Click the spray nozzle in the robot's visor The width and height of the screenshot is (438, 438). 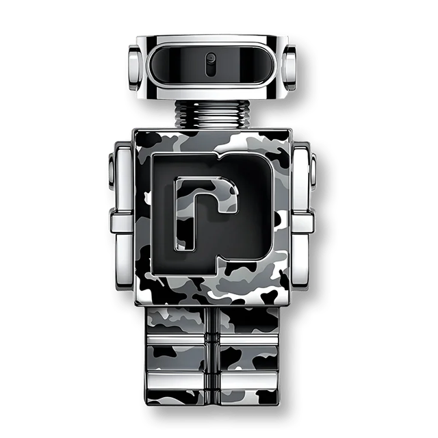click(x=210, y=65)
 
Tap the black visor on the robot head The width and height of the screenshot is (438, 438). click(x=211, y=65)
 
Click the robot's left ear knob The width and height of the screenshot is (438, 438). click(x=136, y=68)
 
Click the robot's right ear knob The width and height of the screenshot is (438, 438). click(x=289, y=68)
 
